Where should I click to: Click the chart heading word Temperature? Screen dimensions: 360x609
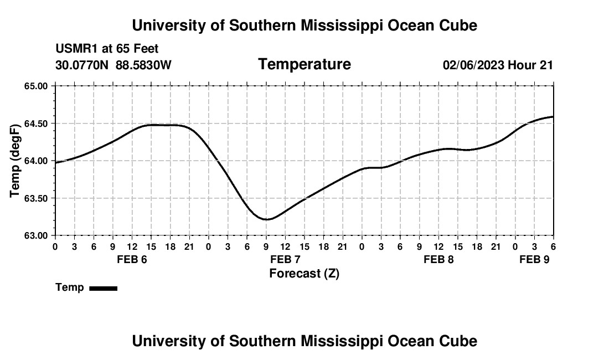tap(304, 64)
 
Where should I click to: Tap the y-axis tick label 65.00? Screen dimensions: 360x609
tap(36, 86)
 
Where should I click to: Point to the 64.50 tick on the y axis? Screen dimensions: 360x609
tap(36, 124)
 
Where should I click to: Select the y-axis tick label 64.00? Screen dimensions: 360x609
tap(36, 161)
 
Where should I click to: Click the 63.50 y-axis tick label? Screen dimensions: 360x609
tap(36, 198)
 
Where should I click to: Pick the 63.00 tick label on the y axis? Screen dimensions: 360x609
tap(36, 235)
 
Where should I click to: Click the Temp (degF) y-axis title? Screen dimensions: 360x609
tap(16, 161)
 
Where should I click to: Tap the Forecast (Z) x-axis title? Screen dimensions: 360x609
tap(304, 273)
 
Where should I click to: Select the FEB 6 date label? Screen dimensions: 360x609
tap(132, 259)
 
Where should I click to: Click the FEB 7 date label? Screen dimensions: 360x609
tap(285, 259)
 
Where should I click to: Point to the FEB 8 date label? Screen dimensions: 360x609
tap(438, 259)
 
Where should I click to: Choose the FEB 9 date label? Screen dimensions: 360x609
tap(534, 259)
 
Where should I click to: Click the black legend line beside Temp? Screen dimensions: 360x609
tap(103, 288)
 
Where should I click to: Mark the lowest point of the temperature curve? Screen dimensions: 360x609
tap(267, 219)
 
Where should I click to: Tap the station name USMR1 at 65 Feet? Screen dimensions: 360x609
tap(107, 49)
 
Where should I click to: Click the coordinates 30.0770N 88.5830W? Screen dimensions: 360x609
tap(113, 65)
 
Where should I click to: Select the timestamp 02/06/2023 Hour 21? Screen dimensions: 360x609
tap(498, 65)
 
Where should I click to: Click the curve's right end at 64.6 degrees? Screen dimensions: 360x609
tap(553, 117)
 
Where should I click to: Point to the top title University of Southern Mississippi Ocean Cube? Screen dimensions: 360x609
tap(304, 25)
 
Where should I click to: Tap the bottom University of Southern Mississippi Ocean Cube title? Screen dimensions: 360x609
tap(304, 341)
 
